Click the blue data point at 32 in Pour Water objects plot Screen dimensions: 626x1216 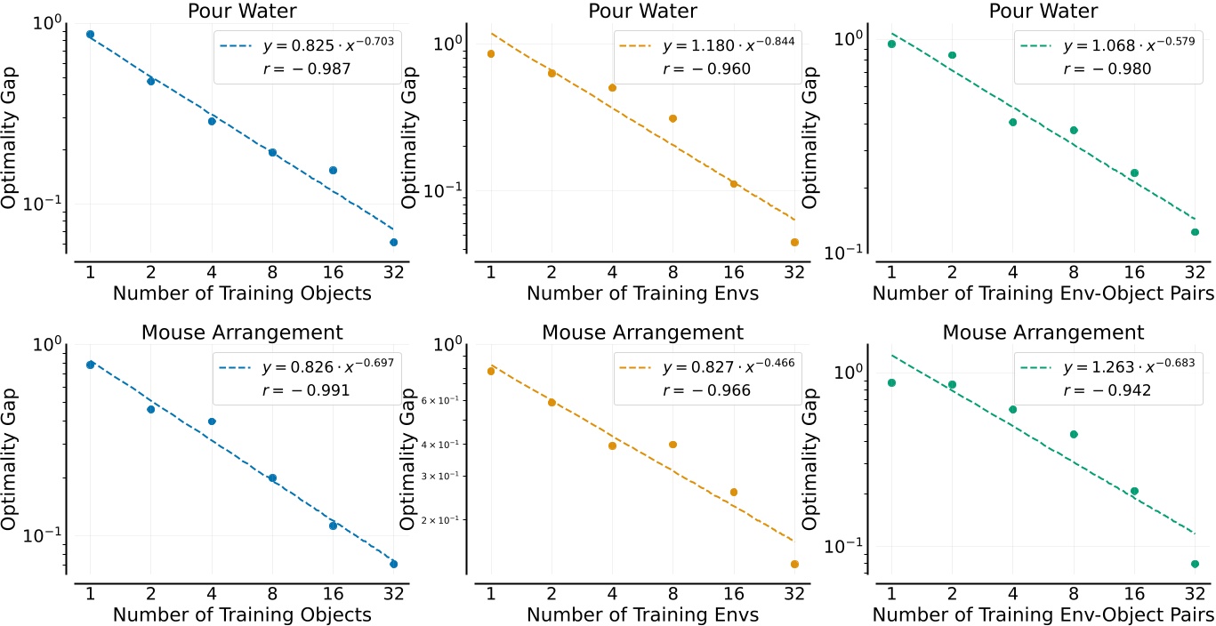pyautogui.click(x=394, y=242)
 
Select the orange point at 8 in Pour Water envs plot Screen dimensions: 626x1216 pyautogui.click(x=672, y=118)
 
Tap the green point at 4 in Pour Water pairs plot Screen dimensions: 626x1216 pyautogui.click(x=1012, y=122)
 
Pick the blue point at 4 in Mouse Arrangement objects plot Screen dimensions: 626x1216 pyautogui.click(x=212, y=421)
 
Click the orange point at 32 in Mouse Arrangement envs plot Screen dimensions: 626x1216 pyautogui.click(x=794, y=564)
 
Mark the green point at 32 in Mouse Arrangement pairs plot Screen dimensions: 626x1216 pyautogui.click(x=1195, y=564)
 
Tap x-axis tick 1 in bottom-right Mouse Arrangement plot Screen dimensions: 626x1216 pyautogui.click(x=891, y=592)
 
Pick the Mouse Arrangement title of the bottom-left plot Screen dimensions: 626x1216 pyautogui.click(x=241, y=333)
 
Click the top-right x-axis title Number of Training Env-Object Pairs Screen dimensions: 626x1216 pyautogui.click(x=1043, y=293)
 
